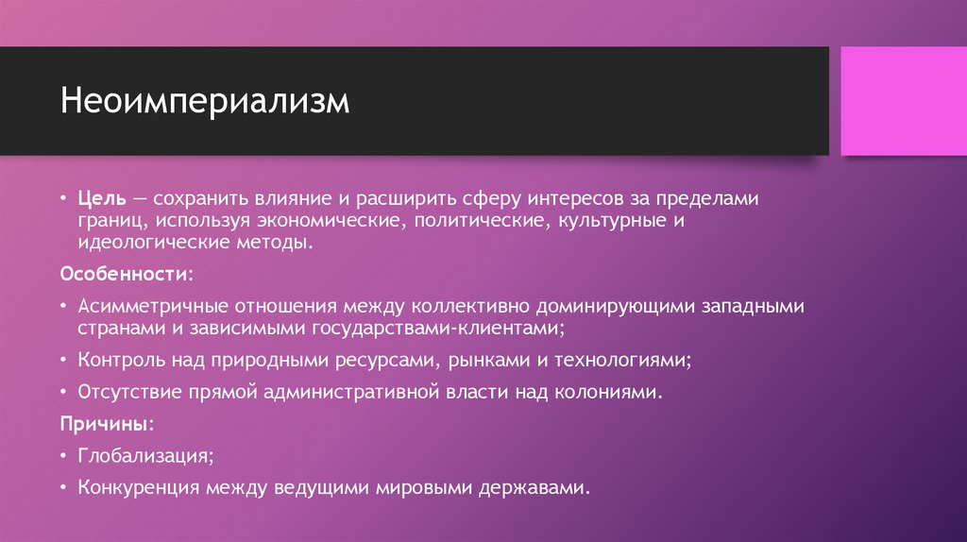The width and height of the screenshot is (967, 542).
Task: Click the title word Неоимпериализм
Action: [205, 101]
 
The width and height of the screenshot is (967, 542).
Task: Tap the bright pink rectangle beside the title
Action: [897, 101]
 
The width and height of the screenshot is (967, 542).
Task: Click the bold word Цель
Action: [97, 200]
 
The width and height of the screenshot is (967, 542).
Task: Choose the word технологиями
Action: [629, 360]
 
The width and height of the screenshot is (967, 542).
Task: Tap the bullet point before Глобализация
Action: [62, 455]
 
